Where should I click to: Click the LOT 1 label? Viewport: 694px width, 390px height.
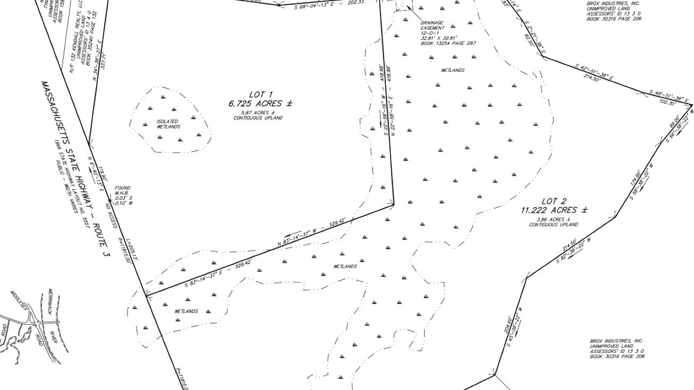pos(260,95)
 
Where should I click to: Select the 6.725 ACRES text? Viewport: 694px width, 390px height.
pos(260,104)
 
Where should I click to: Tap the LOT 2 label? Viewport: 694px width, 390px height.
pos(554,201)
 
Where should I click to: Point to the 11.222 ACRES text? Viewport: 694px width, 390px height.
pos(554,210)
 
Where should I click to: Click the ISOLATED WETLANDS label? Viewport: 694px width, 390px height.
pos(167,124)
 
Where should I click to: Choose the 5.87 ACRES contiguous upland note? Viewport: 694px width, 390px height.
pos(258,115)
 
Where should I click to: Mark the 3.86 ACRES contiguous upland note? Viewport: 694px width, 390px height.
pos(554,222)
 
